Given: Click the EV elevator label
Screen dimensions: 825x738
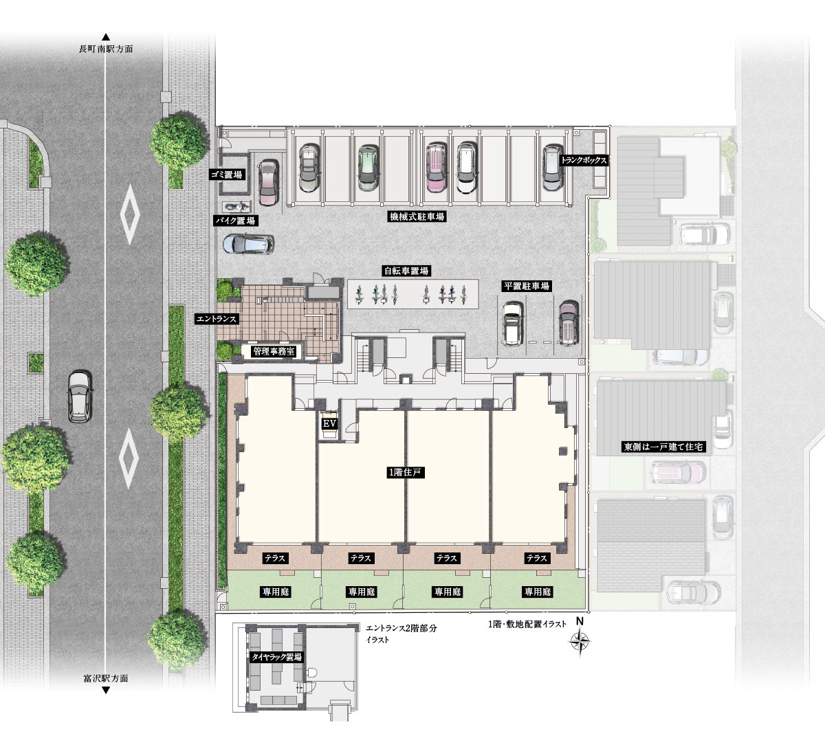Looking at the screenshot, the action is (x=329, y=424).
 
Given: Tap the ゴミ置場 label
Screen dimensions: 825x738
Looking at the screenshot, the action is (x=226, y=175).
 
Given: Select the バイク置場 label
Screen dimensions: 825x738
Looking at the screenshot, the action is (x=235, y=221).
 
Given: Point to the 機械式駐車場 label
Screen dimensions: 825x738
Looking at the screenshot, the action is (x=417, y=216).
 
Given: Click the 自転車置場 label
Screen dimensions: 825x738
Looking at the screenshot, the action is (x=406, y=271).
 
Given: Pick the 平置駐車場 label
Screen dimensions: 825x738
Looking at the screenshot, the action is (x=527, y=286).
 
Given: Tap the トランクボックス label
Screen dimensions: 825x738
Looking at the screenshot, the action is (x=584, y=160).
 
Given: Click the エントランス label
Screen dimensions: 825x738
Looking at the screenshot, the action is (x=217, y=319).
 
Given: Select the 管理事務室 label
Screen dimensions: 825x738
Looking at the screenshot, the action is (x=274, y=351).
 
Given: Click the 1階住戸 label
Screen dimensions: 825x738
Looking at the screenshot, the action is (x=406, y=472).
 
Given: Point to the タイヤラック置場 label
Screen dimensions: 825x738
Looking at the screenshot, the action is (x=276, y=657).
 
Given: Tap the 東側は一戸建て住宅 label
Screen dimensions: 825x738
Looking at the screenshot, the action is (x=663, y=447).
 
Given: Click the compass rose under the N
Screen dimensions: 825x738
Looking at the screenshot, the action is (x=580, y=641).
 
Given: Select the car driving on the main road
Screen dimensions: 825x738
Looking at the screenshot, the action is (x=80, y=396).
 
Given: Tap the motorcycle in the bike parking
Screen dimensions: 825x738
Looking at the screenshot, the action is (x=236, y=206).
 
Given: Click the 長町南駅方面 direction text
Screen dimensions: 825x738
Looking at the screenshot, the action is (x=106, y=49).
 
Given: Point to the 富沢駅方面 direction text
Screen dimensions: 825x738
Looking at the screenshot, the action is (x=106, y=678).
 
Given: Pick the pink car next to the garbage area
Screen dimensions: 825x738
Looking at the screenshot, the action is (x=269, y=182).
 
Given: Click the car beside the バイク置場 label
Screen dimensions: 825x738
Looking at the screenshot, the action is (x=248, y=244).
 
